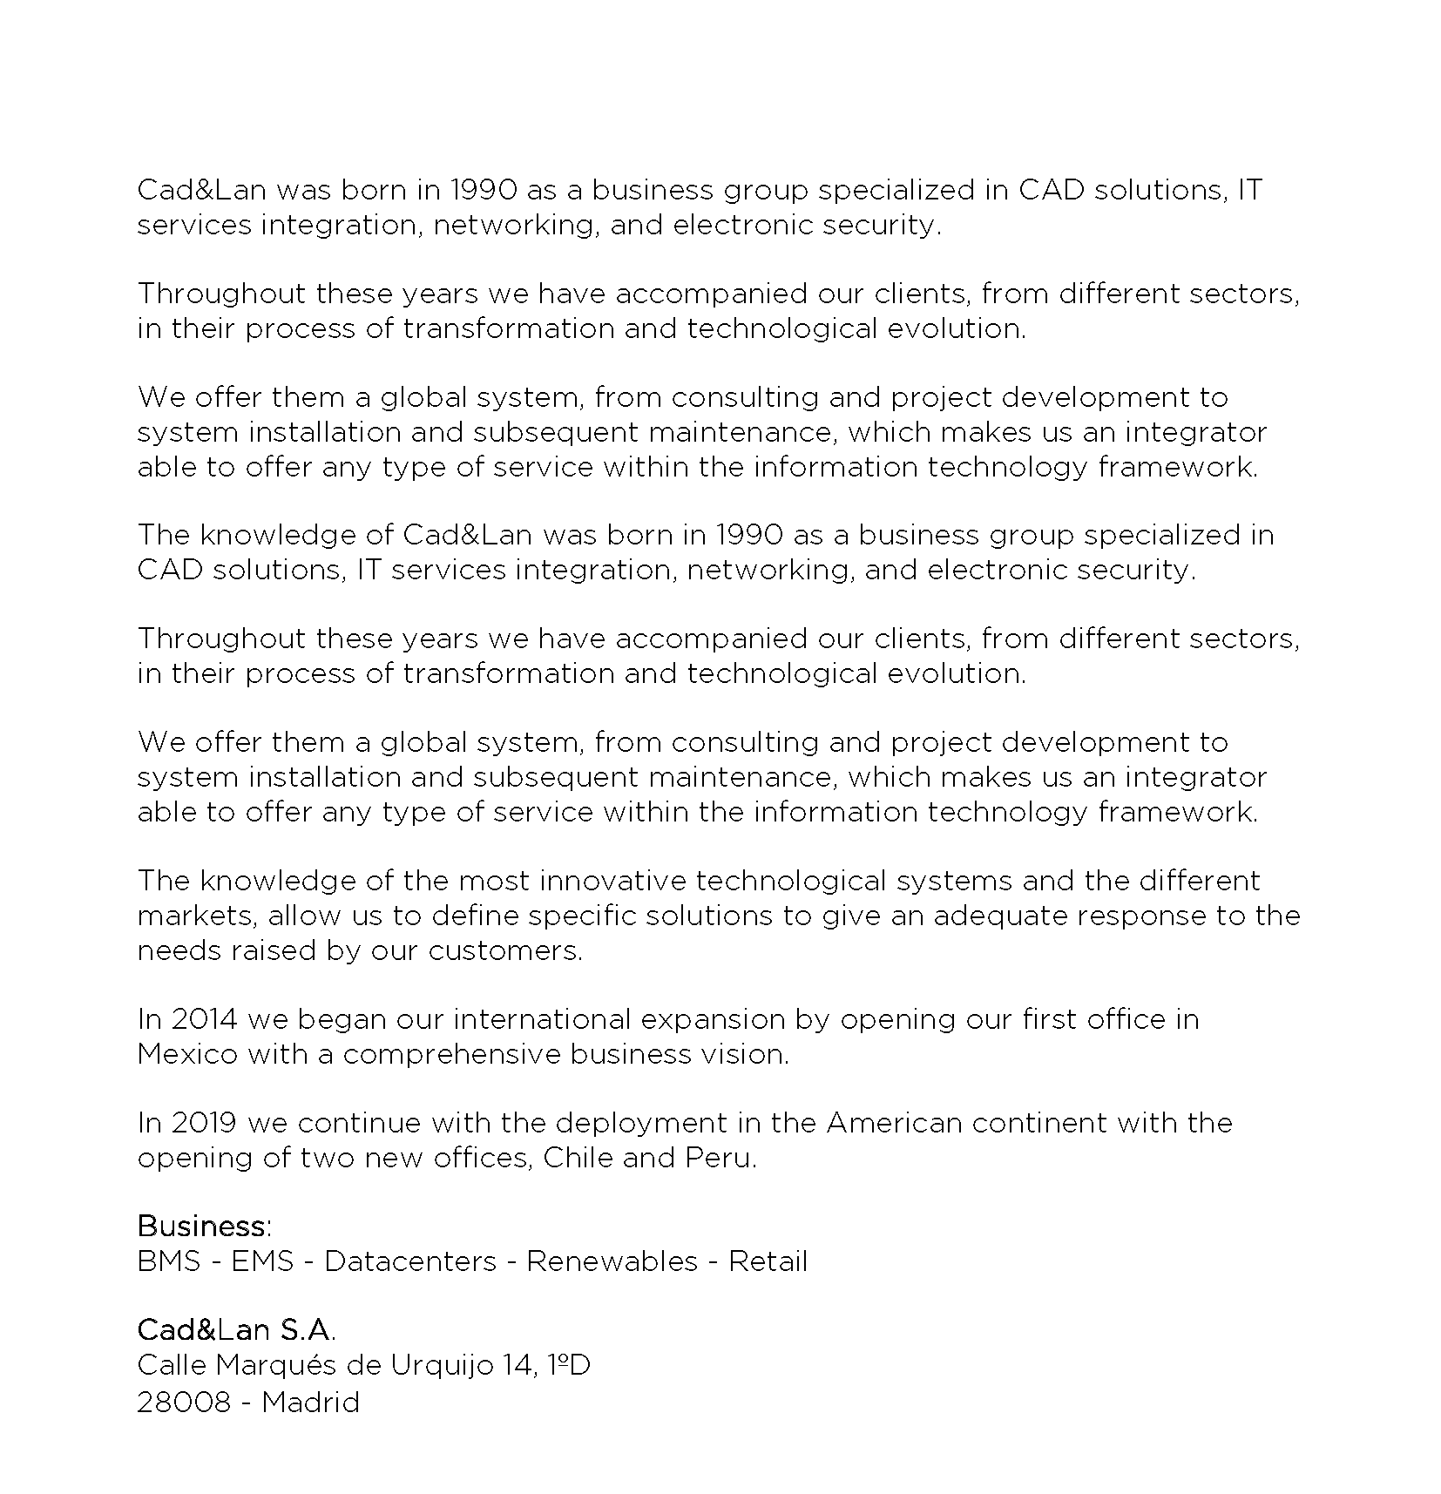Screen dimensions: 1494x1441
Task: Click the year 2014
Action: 204,1019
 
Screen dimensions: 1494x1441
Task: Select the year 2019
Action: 204,1123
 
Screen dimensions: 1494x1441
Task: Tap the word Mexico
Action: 187,1054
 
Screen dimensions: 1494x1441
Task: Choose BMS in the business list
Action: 169,1261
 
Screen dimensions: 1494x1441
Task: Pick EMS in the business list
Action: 262,1261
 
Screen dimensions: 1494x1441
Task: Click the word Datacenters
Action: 410,1261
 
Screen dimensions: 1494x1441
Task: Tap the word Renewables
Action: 612,1261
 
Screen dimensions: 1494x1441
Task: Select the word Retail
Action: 768,1261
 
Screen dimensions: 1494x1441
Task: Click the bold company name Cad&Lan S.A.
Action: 236,1330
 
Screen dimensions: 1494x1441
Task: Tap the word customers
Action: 504,950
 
